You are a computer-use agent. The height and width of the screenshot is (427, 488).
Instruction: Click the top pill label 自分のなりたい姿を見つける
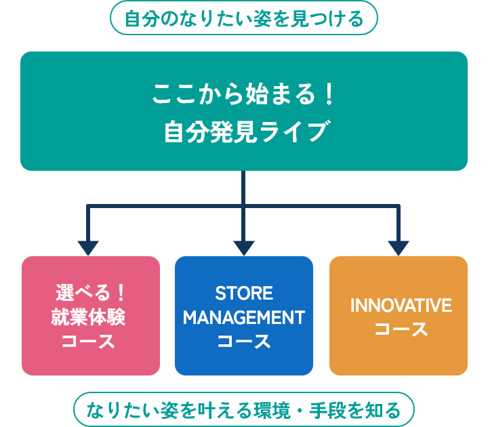244,18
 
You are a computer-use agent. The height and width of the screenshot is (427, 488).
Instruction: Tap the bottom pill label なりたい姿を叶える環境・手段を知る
244,409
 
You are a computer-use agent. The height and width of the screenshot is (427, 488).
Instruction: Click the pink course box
91,316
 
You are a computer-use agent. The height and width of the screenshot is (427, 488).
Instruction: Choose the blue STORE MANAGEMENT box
244,316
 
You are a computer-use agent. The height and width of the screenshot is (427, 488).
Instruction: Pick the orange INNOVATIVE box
399,316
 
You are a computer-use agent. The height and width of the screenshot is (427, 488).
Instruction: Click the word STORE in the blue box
244,293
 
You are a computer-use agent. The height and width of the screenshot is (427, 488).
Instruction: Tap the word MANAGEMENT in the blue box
244,317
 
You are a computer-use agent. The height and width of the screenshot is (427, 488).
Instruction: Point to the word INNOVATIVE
401,305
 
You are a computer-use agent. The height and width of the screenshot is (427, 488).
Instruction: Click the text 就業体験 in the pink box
88,317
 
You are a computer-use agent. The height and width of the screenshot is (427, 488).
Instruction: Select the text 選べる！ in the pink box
90,293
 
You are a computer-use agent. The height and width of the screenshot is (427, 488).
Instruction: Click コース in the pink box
88,341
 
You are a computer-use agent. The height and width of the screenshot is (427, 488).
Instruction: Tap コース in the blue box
244,341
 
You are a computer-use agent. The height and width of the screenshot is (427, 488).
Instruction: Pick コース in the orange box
401,329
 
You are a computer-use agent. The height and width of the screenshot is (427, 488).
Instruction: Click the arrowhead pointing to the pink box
88,248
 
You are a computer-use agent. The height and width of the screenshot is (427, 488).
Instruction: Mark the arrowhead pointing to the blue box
244,248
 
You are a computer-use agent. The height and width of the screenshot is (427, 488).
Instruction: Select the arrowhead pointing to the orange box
399,248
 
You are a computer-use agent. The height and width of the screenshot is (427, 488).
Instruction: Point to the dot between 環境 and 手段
300,410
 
